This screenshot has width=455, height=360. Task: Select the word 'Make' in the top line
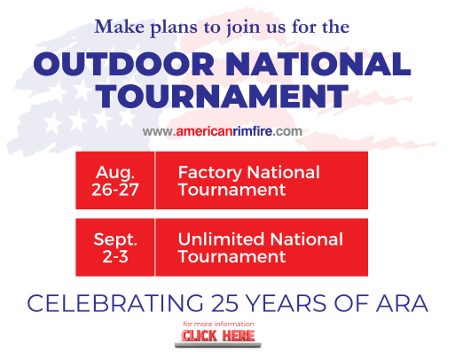coord(117,27)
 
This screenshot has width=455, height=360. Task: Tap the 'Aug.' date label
coord(114,172)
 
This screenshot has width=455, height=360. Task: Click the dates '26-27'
coord(114,189)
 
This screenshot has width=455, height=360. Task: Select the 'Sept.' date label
coord(115,239)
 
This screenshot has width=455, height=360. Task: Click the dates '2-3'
coord(115,256)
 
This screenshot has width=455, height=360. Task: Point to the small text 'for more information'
coord(218,325)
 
